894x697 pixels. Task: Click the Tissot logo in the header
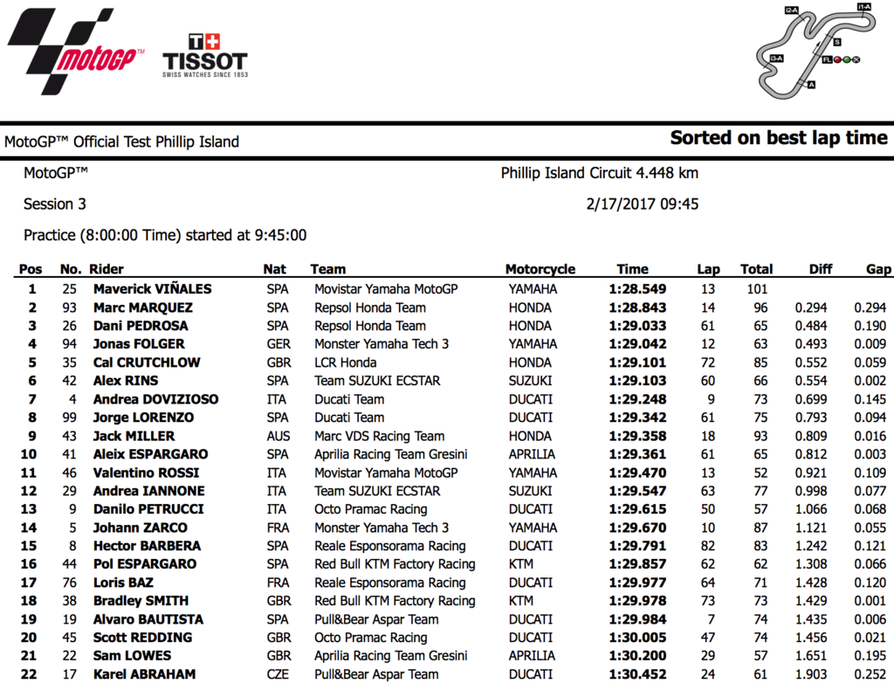(205, 57)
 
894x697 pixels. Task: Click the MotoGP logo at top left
(74, 51)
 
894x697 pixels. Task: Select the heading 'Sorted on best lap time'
(778, 138)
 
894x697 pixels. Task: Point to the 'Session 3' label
(55, 204)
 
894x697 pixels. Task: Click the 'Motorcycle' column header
(540, 269)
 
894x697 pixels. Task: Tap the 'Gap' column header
(878, 269)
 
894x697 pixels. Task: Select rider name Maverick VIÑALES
(152, 289)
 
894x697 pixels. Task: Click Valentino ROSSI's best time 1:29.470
(637, 473)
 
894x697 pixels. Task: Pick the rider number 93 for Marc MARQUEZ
(69, 307)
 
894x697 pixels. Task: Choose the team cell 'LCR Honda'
(346, 362)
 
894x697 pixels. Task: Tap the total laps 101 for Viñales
(753, 289)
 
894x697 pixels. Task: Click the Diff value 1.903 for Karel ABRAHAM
(811, 674)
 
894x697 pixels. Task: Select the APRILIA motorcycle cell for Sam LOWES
(531, 656)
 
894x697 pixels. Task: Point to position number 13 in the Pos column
(31, 509)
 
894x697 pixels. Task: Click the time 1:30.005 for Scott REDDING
(637, 638)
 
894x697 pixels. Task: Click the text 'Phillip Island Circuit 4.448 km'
(599, 173)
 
